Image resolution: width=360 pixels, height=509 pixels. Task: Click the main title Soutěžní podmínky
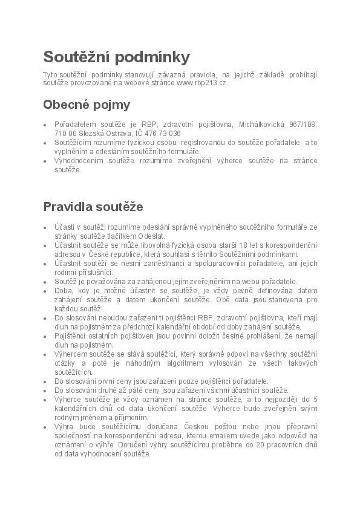click(116, 57)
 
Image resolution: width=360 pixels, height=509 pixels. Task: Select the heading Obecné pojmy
click(87, 105)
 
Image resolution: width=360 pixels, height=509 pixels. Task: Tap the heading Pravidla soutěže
click(93, 207)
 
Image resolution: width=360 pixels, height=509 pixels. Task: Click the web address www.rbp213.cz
click(202, 83)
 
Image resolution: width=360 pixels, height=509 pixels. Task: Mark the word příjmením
click(128, 417)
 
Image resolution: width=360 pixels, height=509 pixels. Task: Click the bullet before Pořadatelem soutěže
click(45, 125)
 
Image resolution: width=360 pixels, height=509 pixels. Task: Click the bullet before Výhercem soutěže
click(45, 354)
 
